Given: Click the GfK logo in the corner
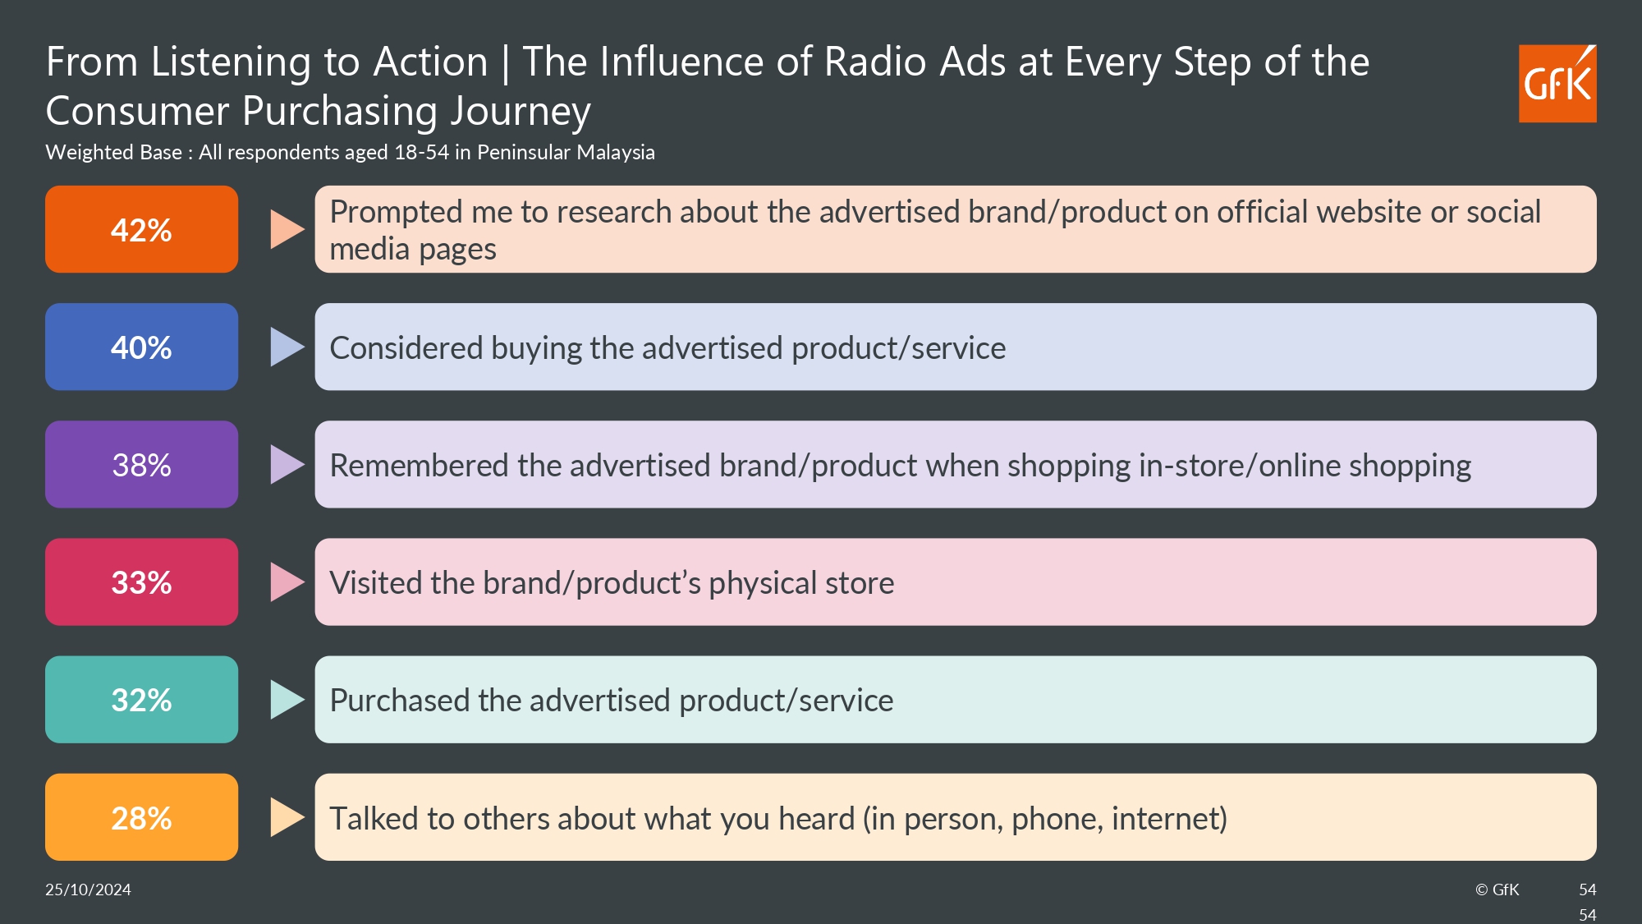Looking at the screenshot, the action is point(1557,84).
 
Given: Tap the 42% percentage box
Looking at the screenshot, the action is point(141,229).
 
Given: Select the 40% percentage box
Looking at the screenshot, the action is point(141,347).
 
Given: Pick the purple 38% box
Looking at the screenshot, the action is point(141,464).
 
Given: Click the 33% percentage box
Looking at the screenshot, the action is point(141,582).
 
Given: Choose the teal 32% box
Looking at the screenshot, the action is point(141,699).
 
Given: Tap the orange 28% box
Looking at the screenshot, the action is point(141,817).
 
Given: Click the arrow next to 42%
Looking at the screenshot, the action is point(287,229).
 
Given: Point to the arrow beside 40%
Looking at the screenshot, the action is point(287,347).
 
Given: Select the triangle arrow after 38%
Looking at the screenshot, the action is point(287,464).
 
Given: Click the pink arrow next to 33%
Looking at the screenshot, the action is point(287,582).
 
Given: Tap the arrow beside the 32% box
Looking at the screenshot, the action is point(287,699).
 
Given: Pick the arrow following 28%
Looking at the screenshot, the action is point(287,817).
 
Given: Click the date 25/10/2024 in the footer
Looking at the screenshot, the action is point(88,890).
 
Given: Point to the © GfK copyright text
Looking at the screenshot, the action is point(1497,890).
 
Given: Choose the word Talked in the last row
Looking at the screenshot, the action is point(374,819).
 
